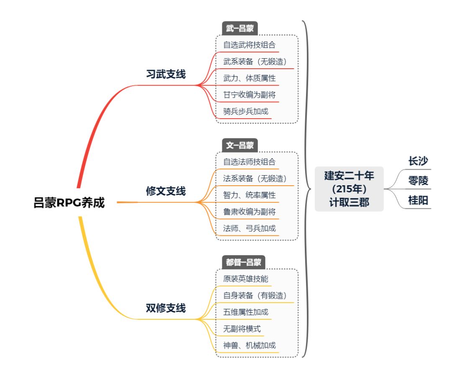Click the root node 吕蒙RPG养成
[69, 203]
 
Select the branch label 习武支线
[166, 74]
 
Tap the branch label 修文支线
[166, 191]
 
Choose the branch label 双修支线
[166, 308]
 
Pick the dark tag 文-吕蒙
[239, 145]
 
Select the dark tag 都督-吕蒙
[243, 262]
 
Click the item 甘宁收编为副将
[249, 95]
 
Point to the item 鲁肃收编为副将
[249, 212]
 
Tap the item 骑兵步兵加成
[247, 111]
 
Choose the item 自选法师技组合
[249, 161]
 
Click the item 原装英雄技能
[246, 278]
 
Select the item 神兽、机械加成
[249, 345]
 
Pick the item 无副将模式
[242, 329]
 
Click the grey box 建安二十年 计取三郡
[349, 189]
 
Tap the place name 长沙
[418, 161]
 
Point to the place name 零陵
[418, 181]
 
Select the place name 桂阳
[418, 201]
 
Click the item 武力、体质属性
[249, 78]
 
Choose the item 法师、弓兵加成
[249, 228]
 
